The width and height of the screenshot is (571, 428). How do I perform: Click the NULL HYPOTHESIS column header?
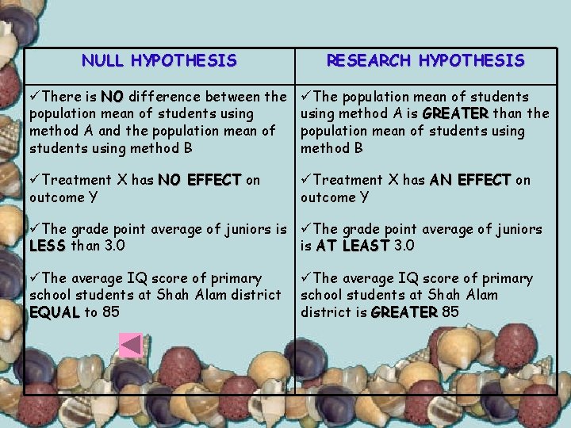pos(159,60)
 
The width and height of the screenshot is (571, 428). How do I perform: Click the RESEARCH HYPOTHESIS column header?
pos(425,60)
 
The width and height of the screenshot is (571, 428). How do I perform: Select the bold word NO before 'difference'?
pos(112,97)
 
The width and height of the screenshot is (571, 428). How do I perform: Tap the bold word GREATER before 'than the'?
pos(456,113)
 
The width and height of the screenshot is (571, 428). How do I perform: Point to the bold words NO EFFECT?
pos(200,180)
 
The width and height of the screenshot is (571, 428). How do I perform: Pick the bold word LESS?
pos(48,246)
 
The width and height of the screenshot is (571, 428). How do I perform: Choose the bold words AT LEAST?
pos(353,246)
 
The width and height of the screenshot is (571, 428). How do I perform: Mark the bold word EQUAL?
pos(54,312)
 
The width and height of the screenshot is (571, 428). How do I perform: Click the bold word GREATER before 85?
pos(404,312)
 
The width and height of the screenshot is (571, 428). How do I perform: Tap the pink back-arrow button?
pos(130,345)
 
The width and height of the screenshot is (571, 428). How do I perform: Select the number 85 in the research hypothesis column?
pos(450,312)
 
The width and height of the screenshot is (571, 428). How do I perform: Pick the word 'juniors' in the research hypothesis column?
pos(515,229)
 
